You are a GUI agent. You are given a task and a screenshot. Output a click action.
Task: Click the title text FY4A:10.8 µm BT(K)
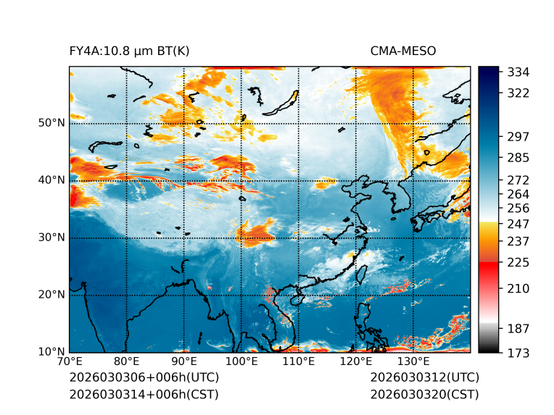(129, 51)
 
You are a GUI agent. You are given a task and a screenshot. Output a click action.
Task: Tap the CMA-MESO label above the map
(403, 51)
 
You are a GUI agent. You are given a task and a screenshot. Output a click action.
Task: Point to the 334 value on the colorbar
(518, 72)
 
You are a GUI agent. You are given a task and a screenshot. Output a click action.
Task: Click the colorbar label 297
(518, 137)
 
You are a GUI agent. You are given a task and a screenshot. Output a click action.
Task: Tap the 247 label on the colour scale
(518, 222)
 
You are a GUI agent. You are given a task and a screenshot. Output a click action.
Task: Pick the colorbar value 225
(518, 262)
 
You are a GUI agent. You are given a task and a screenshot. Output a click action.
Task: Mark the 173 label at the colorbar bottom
(518, 353)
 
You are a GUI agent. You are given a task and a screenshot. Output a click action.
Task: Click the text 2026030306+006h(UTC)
(144, 378)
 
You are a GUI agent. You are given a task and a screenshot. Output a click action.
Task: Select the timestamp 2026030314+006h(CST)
(144, 395)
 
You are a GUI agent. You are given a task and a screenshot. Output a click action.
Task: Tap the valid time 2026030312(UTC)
(424, 378)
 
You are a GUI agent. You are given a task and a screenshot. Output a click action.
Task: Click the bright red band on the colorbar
(489, 268)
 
